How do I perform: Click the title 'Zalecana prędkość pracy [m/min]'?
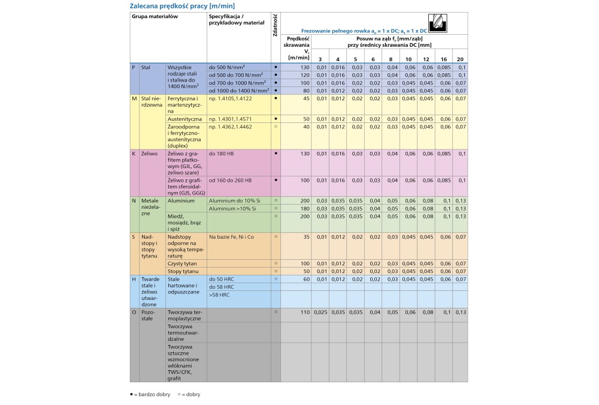pos(178,6)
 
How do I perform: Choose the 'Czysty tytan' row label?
pos(181,263)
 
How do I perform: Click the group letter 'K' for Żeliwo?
pos(134,153)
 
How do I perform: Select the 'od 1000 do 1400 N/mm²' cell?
pos(237,90)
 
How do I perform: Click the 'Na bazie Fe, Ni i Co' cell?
pos(231,237)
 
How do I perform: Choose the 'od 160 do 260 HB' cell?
pos(231,180)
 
